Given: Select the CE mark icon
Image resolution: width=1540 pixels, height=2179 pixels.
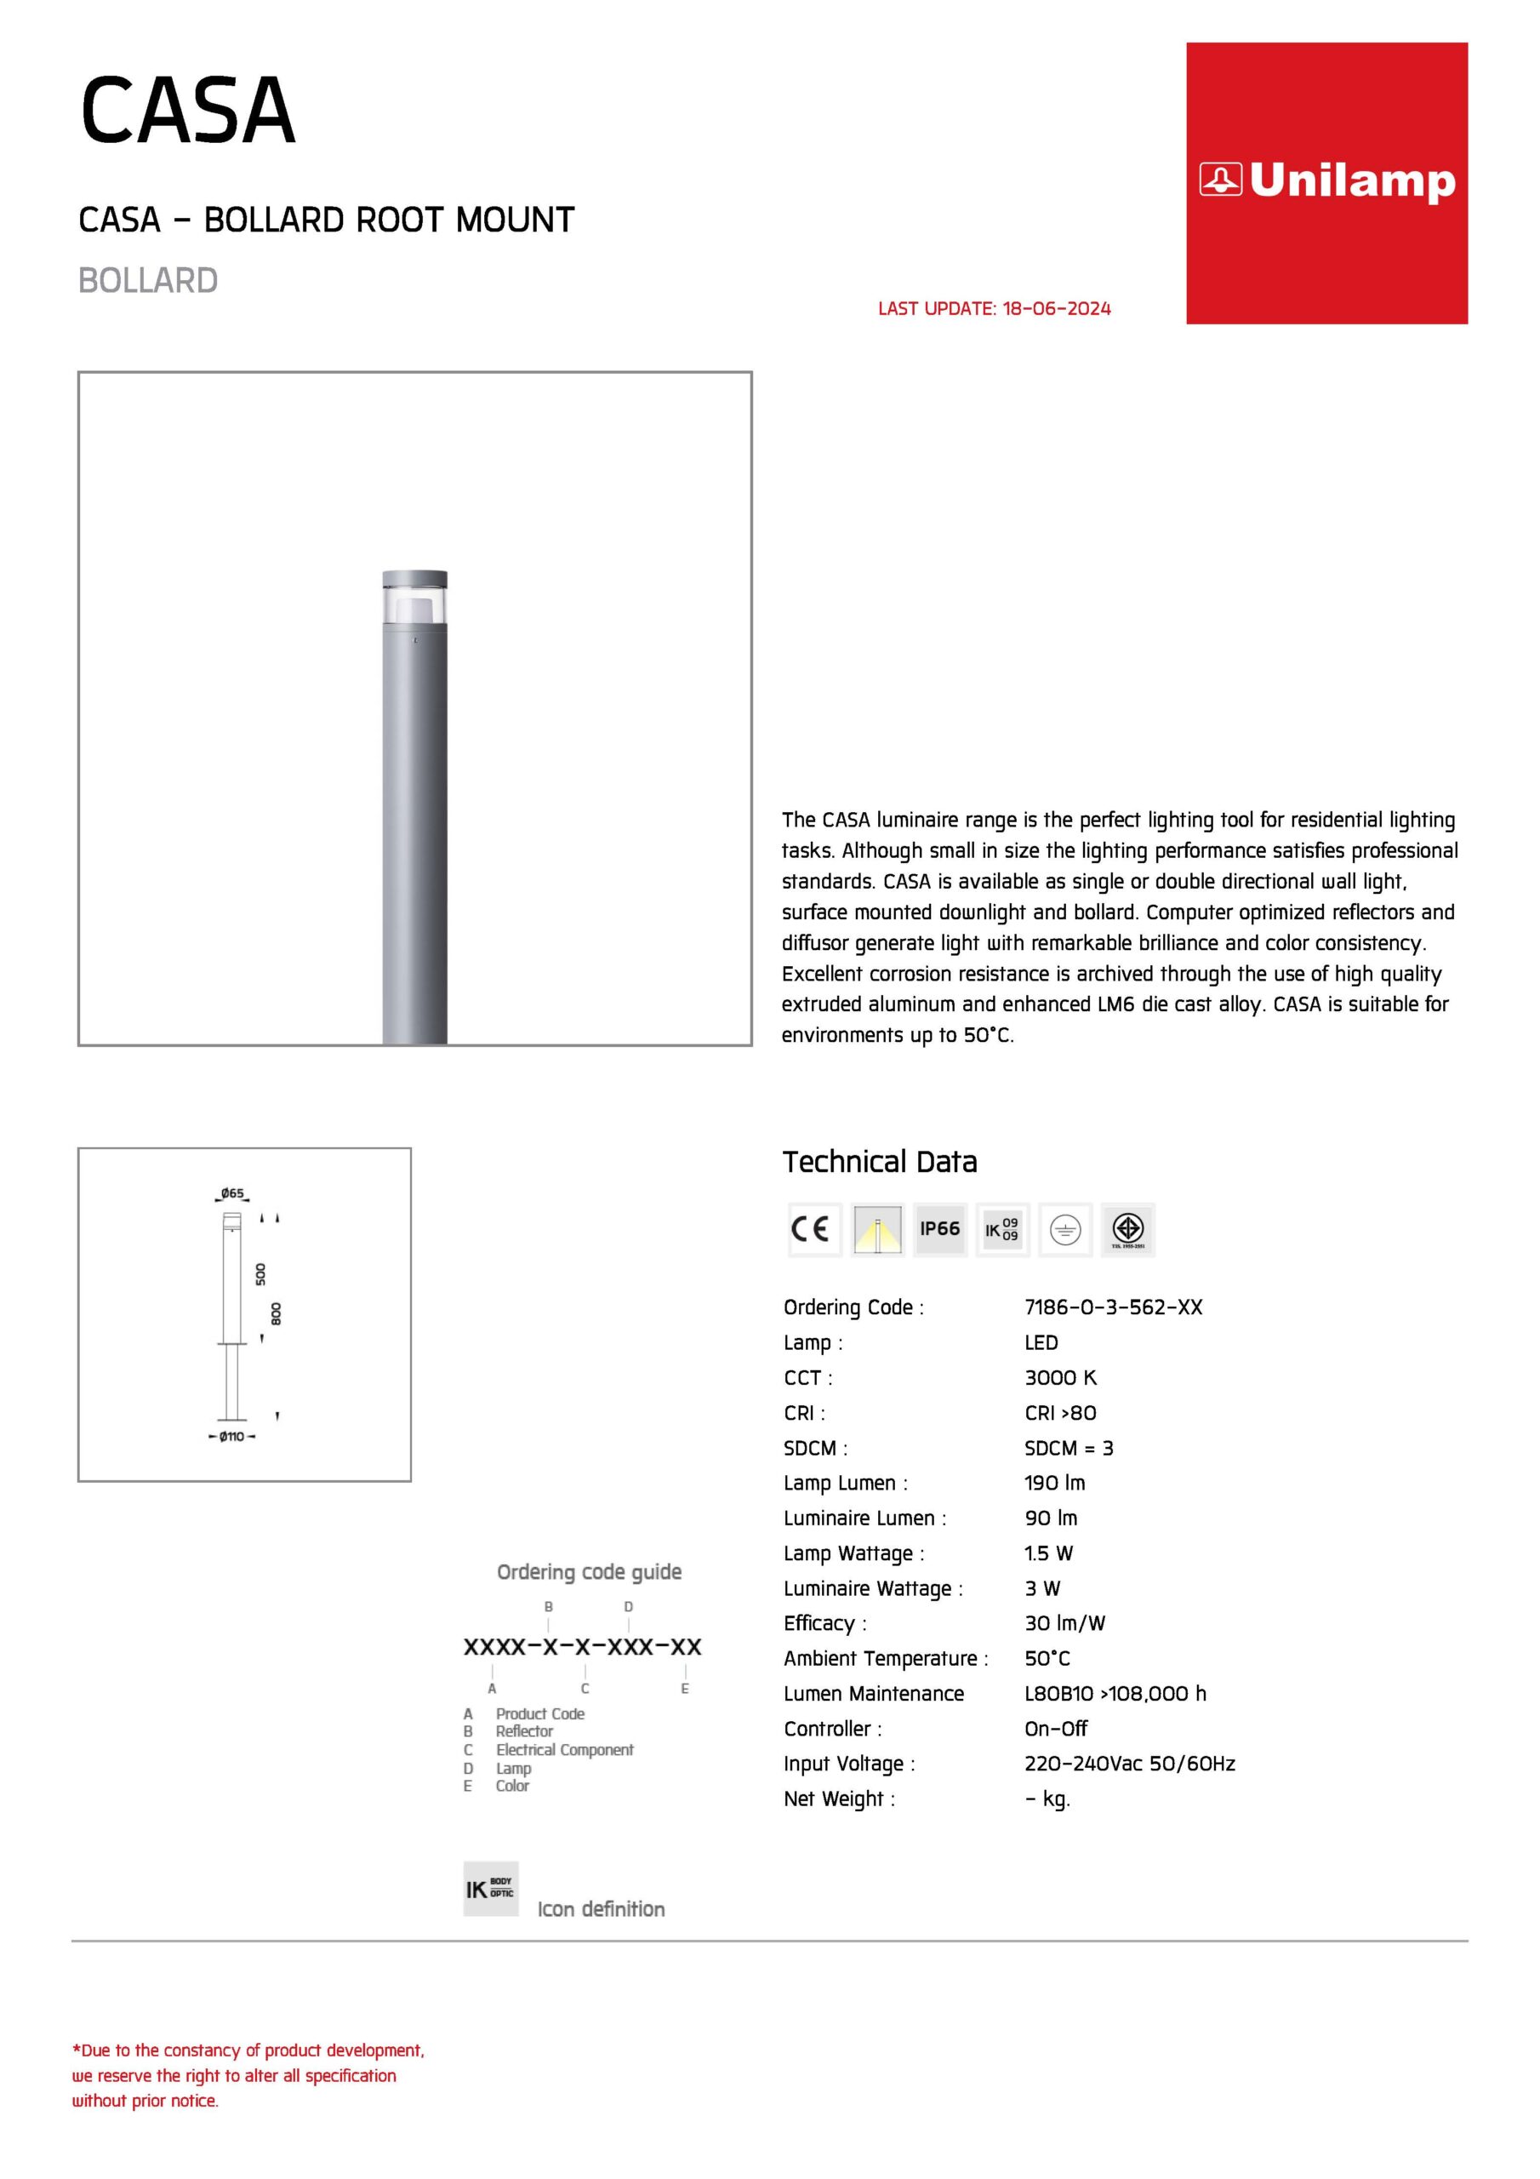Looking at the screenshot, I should [813, 1229].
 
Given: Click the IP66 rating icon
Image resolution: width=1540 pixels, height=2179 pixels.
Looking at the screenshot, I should [939, 1229].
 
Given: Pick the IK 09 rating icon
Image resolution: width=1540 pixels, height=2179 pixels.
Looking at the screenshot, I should [1002, 1229].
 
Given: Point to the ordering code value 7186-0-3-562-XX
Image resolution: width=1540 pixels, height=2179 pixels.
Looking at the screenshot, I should [1113, 1307].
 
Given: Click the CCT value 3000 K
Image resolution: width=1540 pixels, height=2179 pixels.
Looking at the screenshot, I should [1060, 1377].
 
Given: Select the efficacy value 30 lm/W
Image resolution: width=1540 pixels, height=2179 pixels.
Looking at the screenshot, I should [1064, 1623].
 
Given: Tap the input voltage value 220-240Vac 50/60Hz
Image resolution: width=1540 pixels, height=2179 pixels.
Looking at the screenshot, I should [1129, 1764].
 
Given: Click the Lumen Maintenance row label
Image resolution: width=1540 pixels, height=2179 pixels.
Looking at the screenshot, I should [873, 1693].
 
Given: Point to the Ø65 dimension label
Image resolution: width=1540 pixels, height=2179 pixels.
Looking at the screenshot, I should [232, 1193].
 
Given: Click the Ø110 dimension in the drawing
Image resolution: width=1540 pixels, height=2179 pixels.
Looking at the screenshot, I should [232, 1436].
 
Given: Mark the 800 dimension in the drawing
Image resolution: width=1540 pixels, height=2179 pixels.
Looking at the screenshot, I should [277, 1313].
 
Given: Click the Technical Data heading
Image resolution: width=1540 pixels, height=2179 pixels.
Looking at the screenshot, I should [879, 1162].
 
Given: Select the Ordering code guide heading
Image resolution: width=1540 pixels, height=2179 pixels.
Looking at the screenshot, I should [590, 1573].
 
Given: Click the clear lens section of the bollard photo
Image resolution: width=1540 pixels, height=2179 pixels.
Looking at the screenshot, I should [414, 605].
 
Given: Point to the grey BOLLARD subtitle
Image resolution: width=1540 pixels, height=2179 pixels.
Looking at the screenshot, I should [148, 281].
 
